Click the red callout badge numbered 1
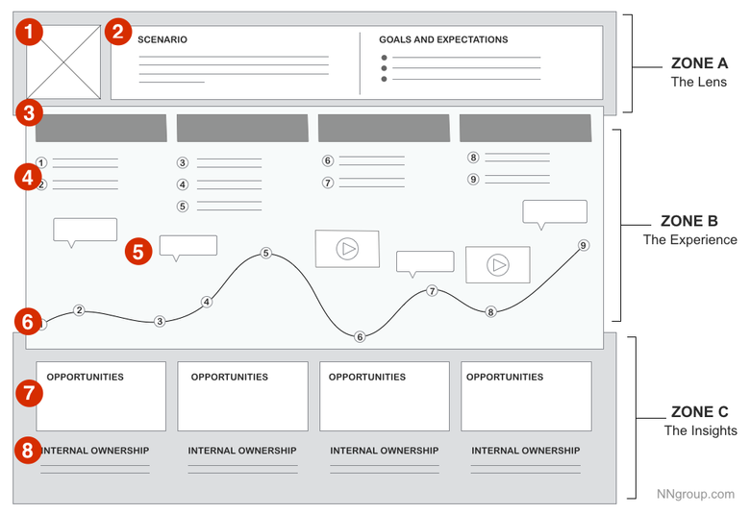click(x=31, y=33)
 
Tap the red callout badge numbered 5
click(x=138, y=252)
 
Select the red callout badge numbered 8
click(x=31, y=451)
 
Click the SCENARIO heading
click(x=162, y=40)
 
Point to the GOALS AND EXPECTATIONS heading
click(x=443, y=40)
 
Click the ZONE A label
click(x=699, y=64)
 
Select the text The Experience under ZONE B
click(x=689, y=240)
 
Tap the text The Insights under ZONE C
click(x=700, y=430)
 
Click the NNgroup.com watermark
click(x=696, y=494)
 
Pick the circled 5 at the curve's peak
click(x=266, y=254)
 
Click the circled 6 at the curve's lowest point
click(x=360, y=337)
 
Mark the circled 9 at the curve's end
click(x=583, y=246)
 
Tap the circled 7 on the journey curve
click(x=432, y=291)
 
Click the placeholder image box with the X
click(x=62, y=62)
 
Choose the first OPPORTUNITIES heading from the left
click(x=85, y=378)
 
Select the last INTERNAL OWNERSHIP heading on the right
click(x=525, y=451)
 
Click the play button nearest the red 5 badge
click(x=347, y=249)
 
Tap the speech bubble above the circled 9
click(x=554, y=212)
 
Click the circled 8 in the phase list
click(x=473, y=158)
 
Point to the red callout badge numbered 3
click(x=31, y=113)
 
